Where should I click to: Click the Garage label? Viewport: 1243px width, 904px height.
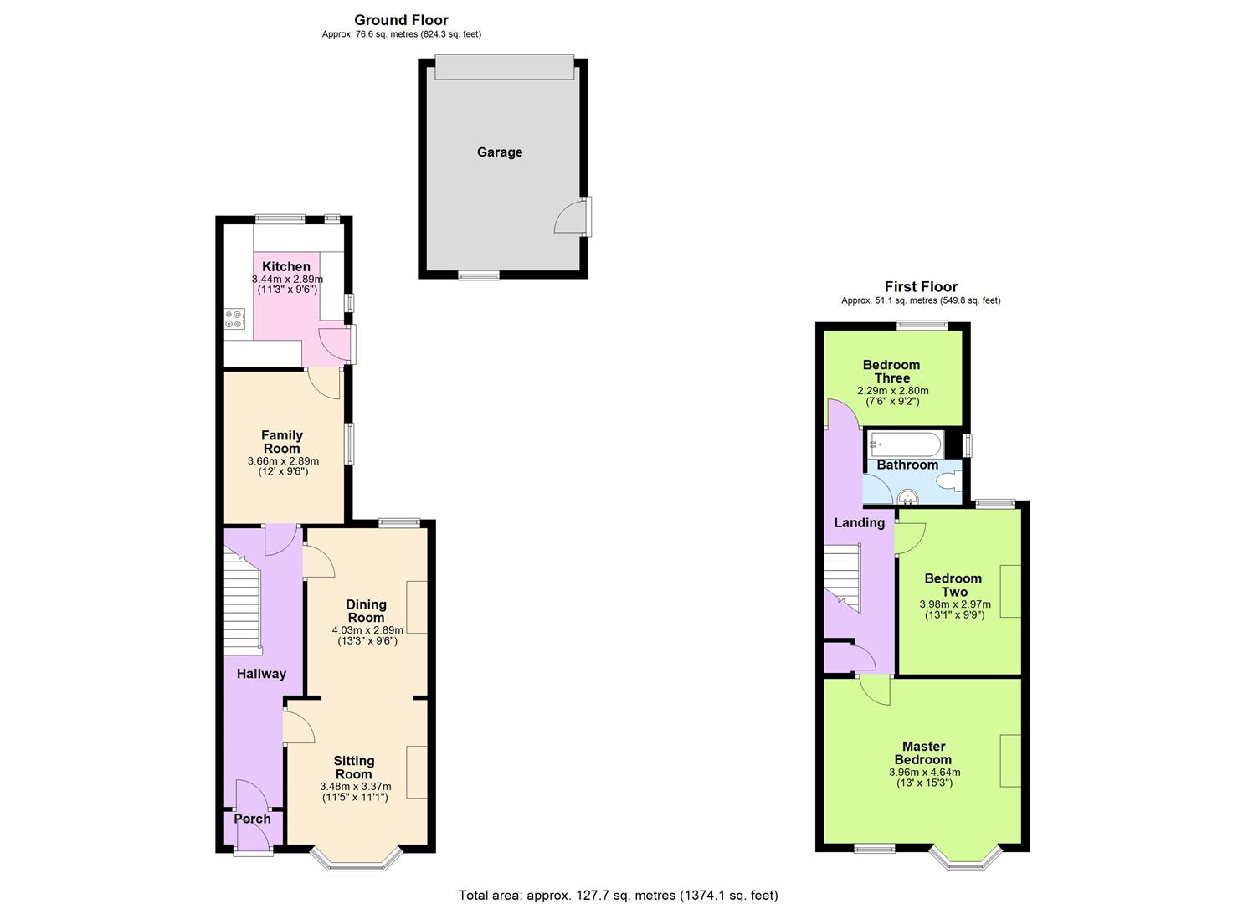pyautogui.click(x=500, y=152)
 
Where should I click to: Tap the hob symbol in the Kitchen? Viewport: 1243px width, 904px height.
pyautogui.click(x=234, y=319)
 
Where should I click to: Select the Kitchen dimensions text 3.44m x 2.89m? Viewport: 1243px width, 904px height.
pyautogui.click(x=287, y=280)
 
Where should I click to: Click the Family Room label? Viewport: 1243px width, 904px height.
pyautogui.click(x=282, y=441)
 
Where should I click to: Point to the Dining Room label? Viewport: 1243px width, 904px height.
pyautogui.click(x=367, y=610)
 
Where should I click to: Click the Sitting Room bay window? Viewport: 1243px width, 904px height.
pyautogui.click(x=357, y=859)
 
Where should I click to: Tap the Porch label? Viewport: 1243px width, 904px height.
pyautogui.click(x=252, y=819)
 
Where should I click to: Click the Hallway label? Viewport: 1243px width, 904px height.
pyautogui.click(x=261, y=674)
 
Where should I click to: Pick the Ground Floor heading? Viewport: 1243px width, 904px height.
pyautogui.click(x=401, y=20)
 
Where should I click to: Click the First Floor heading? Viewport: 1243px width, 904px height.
pyautogui.click(x=921, y=287)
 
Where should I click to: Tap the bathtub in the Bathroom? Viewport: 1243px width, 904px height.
pyautogui.click(x=906, y=444)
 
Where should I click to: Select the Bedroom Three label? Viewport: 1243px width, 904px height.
pyautogui.click(x=891, y=371)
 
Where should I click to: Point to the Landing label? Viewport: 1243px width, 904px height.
pyautogui.click(x=859, y=523)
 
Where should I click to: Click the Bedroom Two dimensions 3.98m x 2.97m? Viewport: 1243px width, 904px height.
pyautogui.click(x=954, y=604)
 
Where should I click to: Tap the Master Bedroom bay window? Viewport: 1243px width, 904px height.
pyautogui.click(x=967, y=855)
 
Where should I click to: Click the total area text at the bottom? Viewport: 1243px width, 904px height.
pyautogui.click(x=618, y=895)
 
